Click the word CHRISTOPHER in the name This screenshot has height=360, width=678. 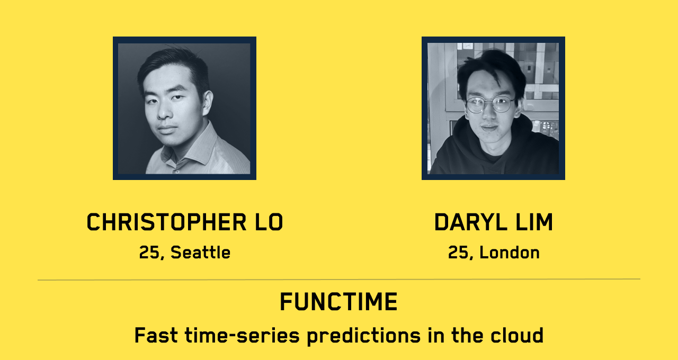166,222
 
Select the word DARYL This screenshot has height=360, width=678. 471,222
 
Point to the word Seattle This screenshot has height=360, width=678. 200,253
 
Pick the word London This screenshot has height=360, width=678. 510,253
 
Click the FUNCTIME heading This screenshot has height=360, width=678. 338,302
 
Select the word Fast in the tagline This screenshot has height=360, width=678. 156,335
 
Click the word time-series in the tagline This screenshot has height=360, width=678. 242,335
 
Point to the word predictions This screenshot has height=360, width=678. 364,336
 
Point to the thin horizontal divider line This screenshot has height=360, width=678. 338,280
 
